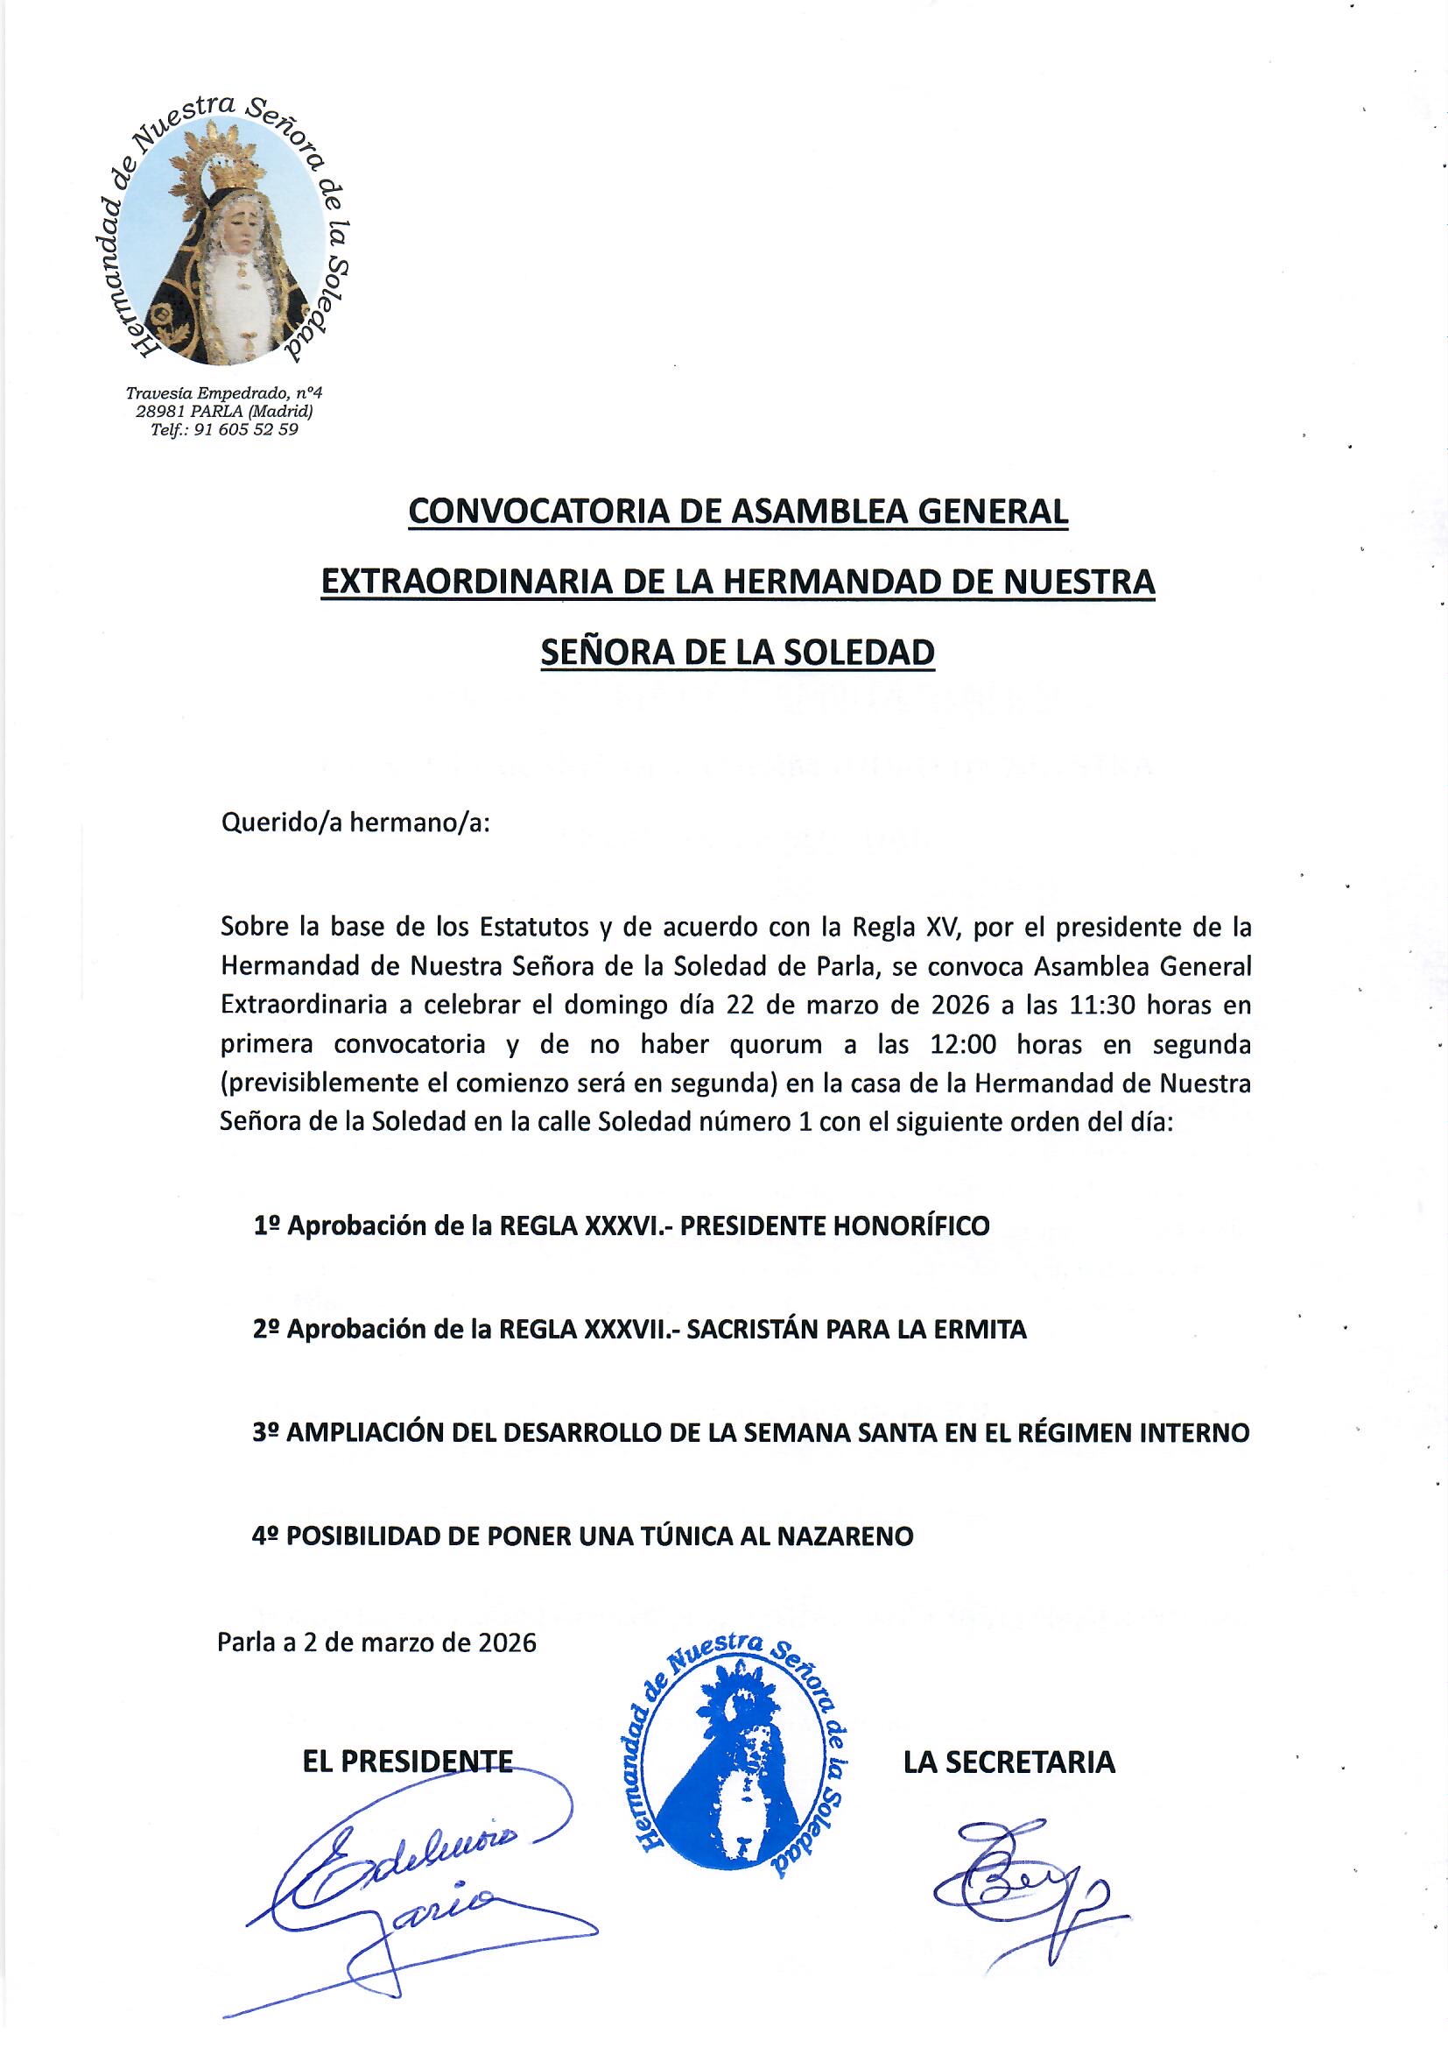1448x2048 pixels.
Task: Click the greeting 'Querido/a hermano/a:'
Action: tap(355, 823)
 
